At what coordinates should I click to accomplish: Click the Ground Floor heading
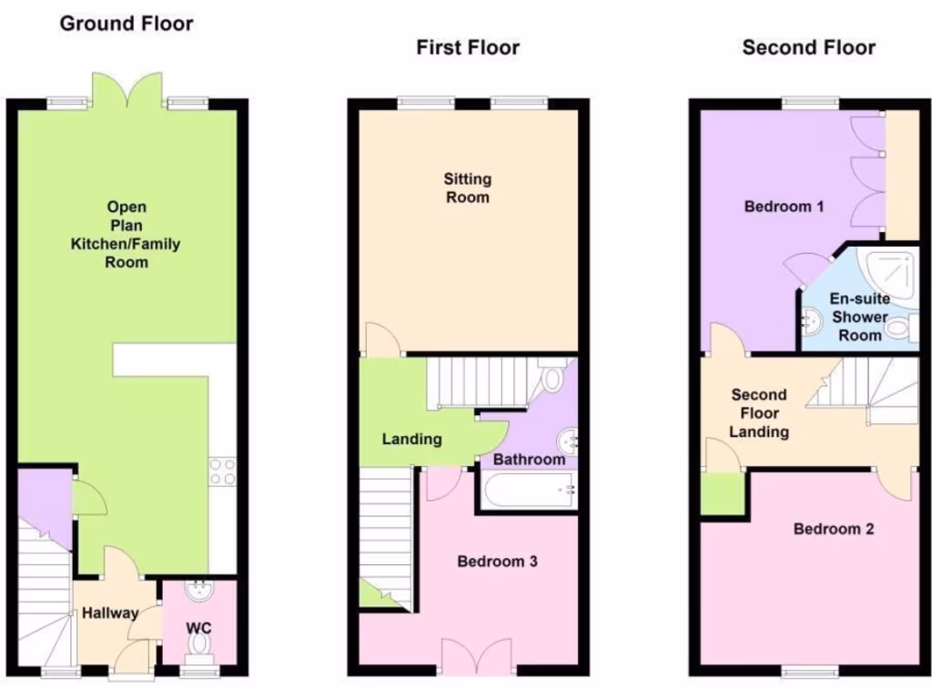[127, 24]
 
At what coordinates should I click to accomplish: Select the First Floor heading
[468, 47]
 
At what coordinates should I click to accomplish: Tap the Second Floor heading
[808, 47]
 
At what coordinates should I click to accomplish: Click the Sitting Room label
[468, 187]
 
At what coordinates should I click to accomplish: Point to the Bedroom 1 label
[784, 207]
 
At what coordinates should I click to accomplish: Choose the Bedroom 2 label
[834, 529]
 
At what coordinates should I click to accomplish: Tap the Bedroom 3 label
[497, 562]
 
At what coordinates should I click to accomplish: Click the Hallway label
[110, 613]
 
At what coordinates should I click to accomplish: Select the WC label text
[198, 628]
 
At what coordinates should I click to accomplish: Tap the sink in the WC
[198, 593]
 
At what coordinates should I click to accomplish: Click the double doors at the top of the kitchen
[128, 92]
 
